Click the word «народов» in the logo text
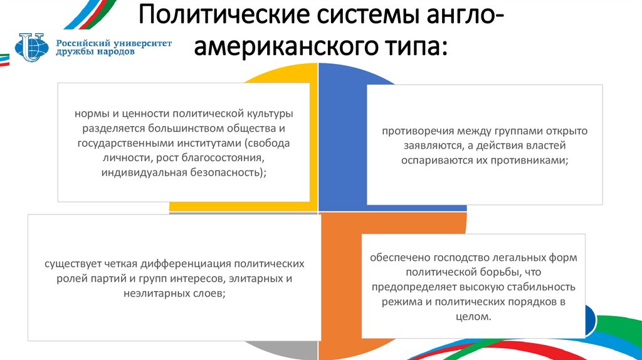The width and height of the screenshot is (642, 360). coord(115,53)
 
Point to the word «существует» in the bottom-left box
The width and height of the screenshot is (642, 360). coord(70,263)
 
